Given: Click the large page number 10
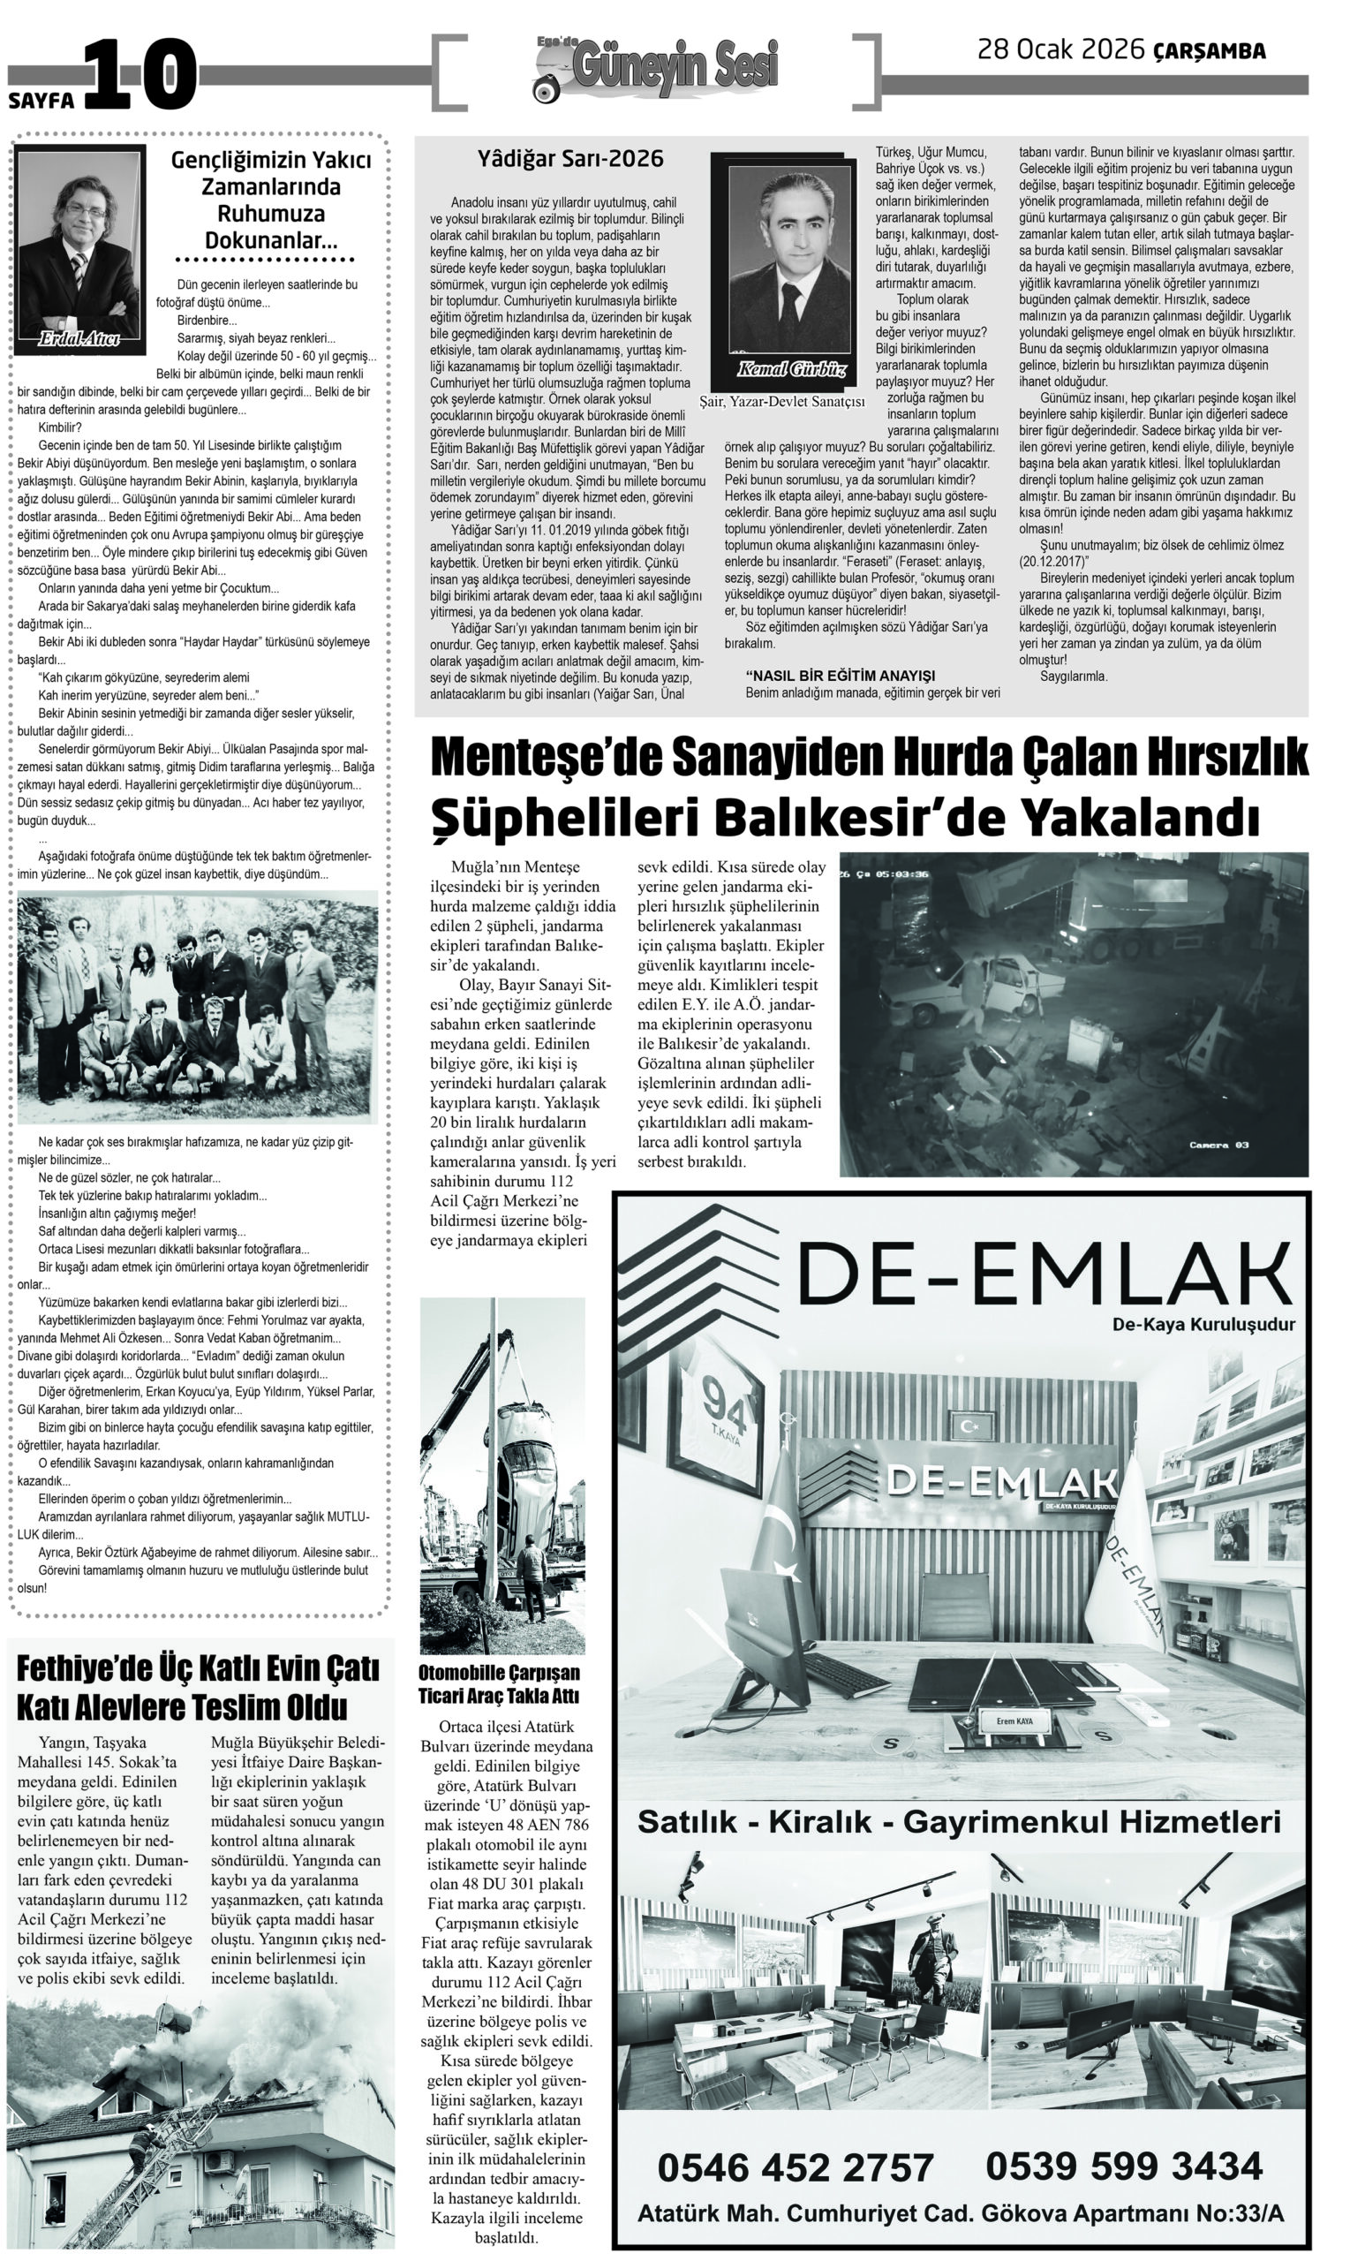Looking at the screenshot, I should [141, 75].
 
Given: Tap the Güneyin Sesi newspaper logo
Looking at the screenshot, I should [657, 70].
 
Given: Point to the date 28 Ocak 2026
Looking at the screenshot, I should [1060, 49].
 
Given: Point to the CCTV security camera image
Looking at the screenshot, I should [1074, 1014].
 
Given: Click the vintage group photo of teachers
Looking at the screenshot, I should [197, 1006].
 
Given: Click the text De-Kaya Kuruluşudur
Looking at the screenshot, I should [1203, 1325].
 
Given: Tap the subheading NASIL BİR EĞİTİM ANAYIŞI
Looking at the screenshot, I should [840, 676].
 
